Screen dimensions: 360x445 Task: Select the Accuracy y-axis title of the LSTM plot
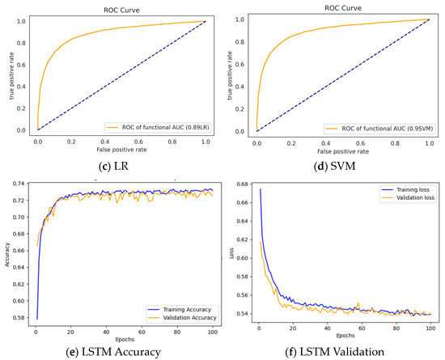pos(6,251)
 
